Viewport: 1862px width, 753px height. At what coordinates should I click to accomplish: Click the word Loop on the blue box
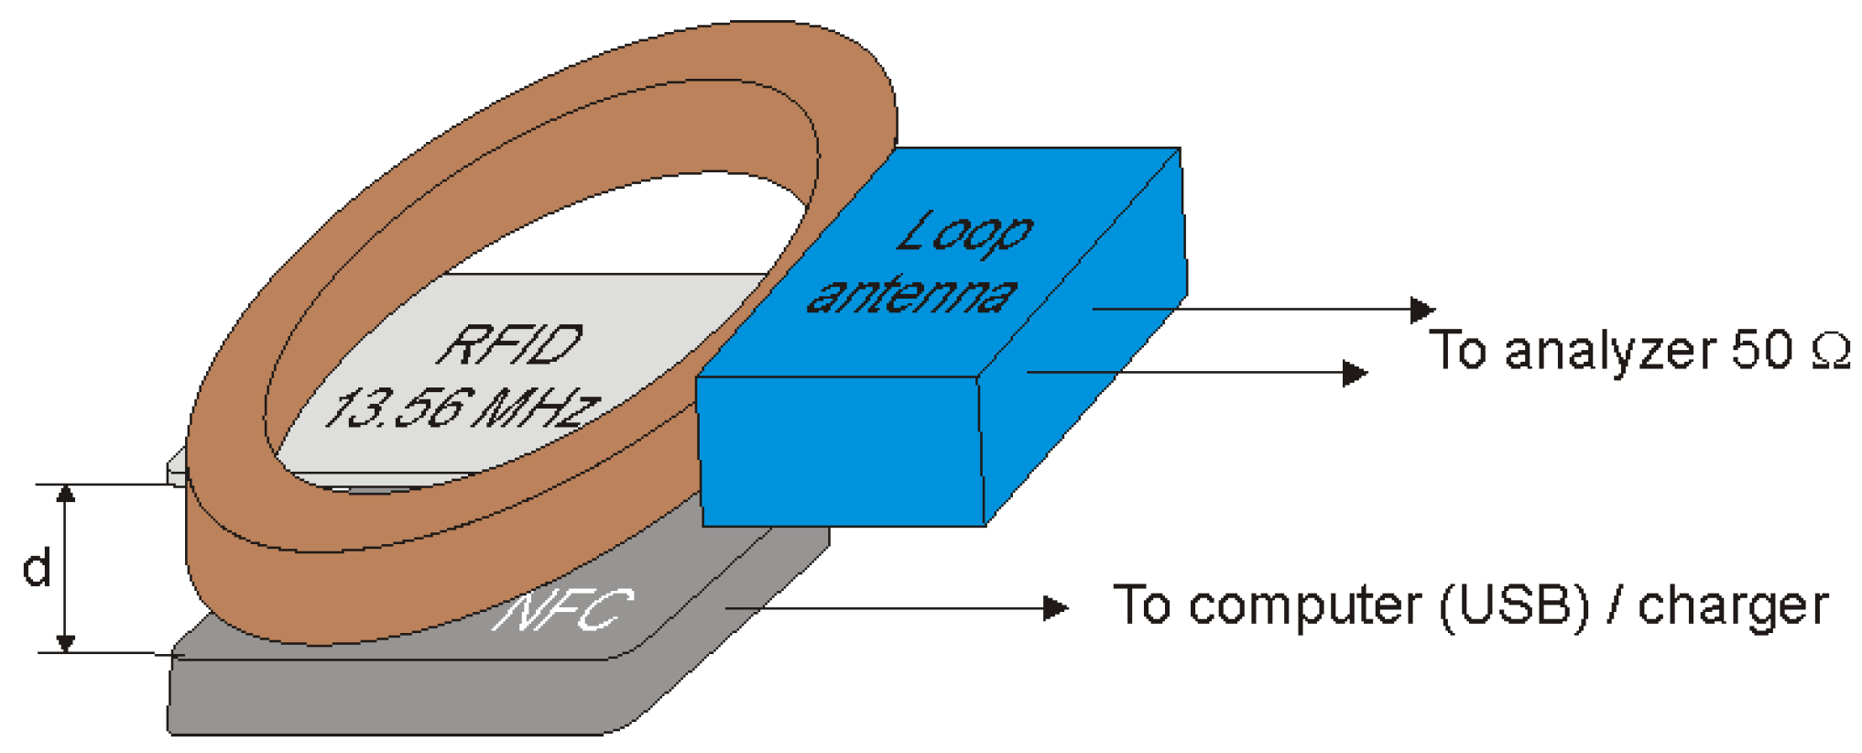coord(964,233)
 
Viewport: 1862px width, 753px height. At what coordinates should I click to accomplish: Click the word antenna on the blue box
coord(911,295)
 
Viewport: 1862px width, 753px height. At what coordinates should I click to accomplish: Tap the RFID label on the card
coord(511,345)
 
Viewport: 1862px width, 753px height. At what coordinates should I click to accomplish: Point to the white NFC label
coord(562,610)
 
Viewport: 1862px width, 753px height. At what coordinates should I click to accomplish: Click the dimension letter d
coord(36,569)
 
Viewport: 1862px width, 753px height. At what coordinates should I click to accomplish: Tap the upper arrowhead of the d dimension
coord(65,495)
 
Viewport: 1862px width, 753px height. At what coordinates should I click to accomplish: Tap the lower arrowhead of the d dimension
coord(65,642)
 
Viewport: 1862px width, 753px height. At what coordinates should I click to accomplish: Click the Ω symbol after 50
coord(1830,351)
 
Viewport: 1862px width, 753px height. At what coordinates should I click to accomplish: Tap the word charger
coord(1732,606)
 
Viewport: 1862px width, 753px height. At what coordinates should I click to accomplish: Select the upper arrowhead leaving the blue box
coord(1421,310)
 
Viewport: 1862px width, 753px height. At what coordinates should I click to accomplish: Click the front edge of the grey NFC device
coord(394,696)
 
